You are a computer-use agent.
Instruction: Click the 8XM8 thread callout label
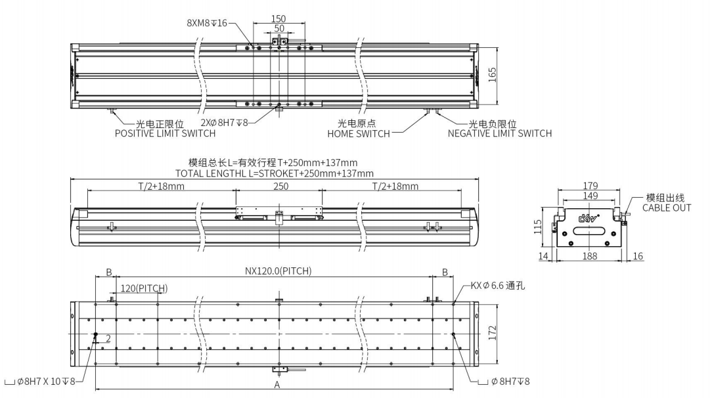[x=206, y=22]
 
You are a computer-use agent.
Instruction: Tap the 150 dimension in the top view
[x=278, y=18]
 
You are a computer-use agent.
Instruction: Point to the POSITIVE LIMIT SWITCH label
[x=165, y=133]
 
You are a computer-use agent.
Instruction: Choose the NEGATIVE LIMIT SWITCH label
[x=499, y=133]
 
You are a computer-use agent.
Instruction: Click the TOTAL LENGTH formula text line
[x=275, y=173]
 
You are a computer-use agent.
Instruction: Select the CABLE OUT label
[x=666, y=208]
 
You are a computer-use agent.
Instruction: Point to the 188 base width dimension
[x=589, y=256]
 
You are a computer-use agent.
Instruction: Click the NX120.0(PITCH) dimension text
[x=278, y=271]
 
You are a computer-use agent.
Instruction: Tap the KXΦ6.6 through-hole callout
[x=498, y=286]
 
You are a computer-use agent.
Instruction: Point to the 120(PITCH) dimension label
[x=143, y=288]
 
